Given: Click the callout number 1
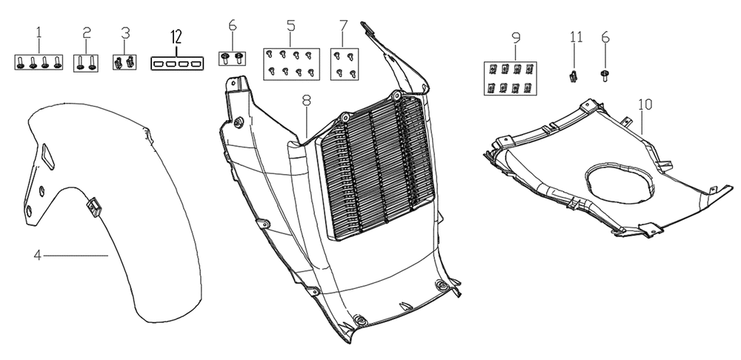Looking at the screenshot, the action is click(x=39, y=33).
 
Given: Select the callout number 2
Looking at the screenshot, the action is click(x=87, y=33).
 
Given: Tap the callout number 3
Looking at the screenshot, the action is click(x=125, y=33).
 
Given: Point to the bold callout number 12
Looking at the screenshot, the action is click(x=176, y=36).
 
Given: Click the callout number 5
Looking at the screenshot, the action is click(x=290, y=25).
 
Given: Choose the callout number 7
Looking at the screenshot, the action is click(x=344, y=25).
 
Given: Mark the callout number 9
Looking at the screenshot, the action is click(x=516, y=37).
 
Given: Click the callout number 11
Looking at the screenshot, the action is click(x=576, y=37).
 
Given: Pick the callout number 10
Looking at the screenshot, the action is click(x=645, y=104).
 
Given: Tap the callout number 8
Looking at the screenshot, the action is click(x=307, y=100).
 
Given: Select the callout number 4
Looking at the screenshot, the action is click(x=38, y=256).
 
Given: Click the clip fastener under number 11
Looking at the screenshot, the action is click(x=574, y=76).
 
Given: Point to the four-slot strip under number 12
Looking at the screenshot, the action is click(x=177, y=63).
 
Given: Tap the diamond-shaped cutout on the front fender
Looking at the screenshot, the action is click(x=47, y=156).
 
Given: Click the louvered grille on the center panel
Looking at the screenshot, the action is click(x=376, y=167).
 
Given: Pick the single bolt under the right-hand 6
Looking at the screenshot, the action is click(x=605, y=76).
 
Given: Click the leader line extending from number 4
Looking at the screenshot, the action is click(x=76, y=256).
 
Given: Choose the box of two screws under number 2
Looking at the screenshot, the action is click(x=86, y=63).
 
